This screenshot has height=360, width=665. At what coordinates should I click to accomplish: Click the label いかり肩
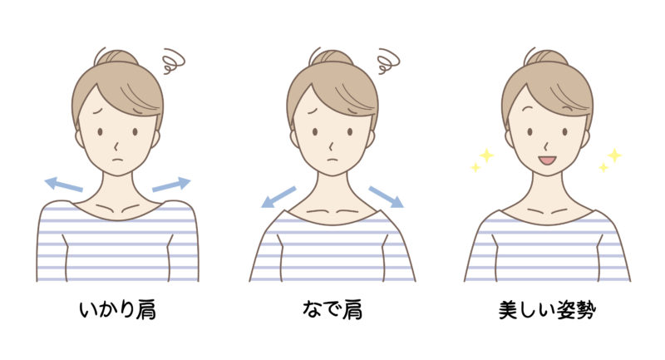117,310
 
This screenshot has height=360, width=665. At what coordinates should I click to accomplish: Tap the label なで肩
332,310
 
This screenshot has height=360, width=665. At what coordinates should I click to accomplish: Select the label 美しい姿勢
547,310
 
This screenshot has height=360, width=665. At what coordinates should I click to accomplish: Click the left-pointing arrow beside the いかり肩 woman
64,185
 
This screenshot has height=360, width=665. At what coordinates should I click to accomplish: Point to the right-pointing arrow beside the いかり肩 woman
171,185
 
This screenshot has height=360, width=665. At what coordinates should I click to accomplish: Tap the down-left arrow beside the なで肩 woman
278,197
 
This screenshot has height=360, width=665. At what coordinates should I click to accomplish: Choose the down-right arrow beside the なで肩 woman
386,197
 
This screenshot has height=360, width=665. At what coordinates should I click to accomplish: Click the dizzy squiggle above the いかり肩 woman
173,61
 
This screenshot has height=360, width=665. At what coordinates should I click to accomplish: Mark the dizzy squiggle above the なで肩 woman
388,61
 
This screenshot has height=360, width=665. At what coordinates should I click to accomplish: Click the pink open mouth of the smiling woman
547,160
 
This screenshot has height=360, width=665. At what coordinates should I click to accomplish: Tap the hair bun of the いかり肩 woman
116,57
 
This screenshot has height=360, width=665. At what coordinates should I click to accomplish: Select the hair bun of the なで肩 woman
332,57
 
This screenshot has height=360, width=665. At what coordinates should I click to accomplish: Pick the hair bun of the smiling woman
547,57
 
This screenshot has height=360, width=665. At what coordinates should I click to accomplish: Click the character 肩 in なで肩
352,310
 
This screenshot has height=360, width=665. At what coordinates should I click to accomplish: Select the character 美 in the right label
508,310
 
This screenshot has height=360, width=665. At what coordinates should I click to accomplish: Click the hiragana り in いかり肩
126,310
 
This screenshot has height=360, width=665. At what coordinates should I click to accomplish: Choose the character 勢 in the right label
586,310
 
